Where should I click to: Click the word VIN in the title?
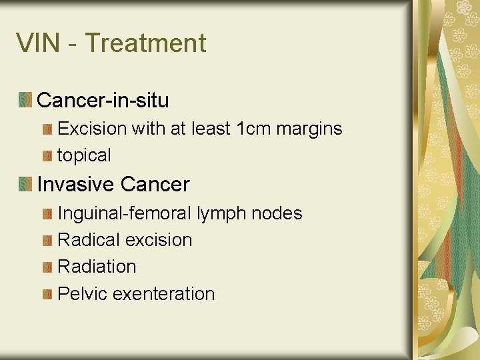pyautogui.click(x=39, y=43)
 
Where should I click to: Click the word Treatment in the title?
pyautogui.click(x=145, y=43)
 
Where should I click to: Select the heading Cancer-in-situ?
pyautogui.click(x=103, y=101)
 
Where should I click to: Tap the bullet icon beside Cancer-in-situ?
pyautogui.click(x=25, y=101)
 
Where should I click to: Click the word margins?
pyautogui.click(x=311, y=129)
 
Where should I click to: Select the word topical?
pyautogui.click(x=84, y=156)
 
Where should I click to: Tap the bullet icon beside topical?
pyautogui.click(x=47, y=156)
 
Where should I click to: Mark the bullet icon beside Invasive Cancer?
pyautogui.click(x=25, y=184)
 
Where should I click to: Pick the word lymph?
pyautogui.click(x=221, y=214)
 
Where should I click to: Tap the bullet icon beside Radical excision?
pyautogui.click(x=47, y=241)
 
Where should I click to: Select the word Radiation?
pyautogui.click(x=97, y=267)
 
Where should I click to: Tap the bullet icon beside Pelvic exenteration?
pyautogui.click(x=47, y=294)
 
